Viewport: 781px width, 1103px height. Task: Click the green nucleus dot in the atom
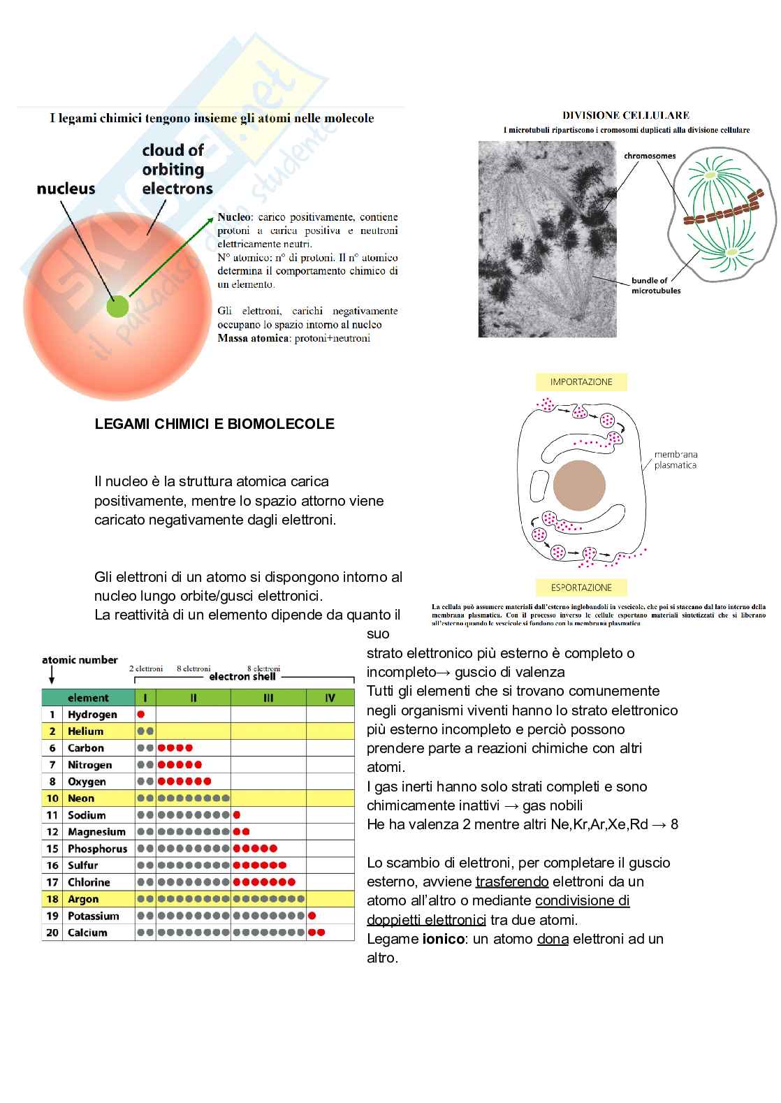(x=118, y=307)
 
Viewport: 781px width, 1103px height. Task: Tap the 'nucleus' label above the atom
(x=66, y=189)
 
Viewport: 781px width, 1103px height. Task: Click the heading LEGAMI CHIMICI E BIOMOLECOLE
(x=214, y=424)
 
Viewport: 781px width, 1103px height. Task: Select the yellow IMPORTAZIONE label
(x=581, y=382)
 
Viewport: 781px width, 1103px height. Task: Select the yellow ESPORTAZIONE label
(x=581, y=587)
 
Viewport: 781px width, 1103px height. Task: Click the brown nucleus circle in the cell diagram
(x=579, y=485)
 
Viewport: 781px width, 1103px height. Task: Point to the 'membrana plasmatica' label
(x=675, y=460)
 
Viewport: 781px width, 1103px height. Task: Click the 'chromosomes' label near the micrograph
(x=650, y=156)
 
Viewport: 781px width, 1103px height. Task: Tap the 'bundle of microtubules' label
(x=655, y=285)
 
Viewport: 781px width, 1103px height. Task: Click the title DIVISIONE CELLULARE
(x=626, y=115)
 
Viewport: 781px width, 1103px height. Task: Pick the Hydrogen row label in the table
(x=92, y=715)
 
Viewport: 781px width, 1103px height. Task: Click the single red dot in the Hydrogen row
(x=141, y=715)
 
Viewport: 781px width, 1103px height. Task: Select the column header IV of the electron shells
(x=330, y=698)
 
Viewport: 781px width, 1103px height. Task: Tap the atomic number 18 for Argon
(x=52, y=899)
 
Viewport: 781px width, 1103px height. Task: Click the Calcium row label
(x=87, y=933)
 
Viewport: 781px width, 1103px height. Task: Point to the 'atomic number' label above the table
(x=80, y=660)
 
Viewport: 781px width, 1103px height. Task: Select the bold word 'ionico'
(x=444, y=939)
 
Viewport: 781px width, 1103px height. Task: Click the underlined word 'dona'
(x=553, y=939)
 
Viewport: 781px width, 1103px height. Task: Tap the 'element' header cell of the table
(x=88, y=698)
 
